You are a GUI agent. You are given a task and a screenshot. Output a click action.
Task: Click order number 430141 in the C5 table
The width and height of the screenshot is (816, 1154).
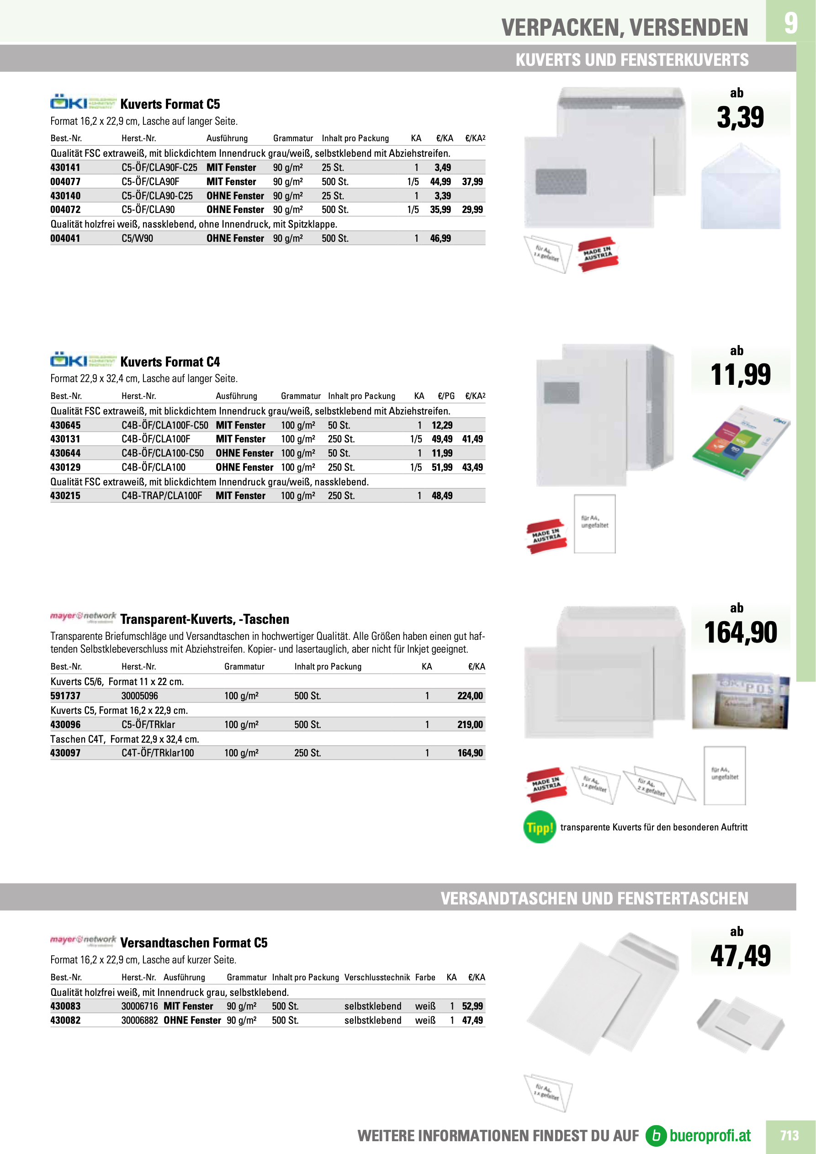click(65, 167)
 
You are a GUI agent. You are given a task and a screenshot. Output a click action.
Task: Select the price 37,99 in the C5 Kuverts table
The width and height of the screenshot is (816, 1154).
click(472, 181)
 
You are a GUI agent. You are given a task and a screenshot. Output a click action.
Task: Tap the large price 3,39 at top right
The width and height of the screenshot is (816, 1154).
click(740, 117)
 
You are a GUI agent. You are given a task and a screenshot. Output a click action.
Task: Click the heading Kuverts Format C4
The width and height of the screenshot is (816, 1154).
click(170, 362)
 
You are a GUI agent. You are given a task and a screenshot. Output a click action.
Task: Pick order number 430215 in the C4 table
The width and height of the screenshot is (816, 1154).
click(65, 495)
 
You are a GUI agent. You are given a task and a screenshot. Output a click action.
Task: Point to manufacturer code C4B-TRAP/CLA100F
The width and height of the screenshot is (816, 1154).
click(162, 495)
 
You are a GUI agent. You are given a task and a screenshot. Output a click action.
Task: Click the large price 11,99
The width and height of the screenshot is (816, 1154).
click(740, 375)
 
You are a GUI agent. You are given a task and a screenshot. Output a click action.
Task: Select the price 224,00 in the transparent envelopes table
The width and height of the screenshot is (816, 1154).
click(470, 696)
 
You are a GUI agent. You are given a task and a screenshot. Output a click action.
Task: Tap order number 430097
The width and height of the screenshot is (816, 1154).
click(65, 753)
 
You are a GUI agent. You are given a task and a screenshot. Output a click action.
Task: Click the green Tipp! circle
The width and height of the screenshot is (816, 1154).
click(540, 827)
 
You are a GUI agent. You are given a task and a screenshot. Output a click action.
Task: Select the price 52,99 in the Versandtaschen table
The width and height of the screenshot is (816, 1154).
click(472, 1006)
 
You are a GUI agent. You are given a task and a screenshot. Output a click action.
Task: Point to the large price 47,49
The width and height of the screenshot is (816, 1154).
click(740, 956)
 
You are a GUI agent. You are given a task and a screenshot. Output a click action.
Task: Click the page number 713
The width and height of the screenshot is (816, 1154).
click(789, 1135)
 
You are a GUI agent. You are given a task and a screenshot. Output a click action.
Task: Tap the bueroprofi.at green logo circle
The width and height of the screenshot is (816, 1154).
click(656, 1135)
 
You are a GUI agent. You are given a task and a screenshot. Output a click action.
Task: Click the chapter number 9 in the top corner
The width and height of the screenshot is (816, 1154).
click(790, 22)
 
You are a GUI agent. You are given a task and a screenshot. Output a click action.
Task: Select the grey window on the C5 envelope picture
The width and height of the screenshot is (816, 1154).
click(561, 181)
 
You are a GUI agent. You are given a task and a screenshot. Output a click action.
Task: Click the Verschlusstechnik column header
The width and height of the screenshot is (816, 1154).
click(377, 977)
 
